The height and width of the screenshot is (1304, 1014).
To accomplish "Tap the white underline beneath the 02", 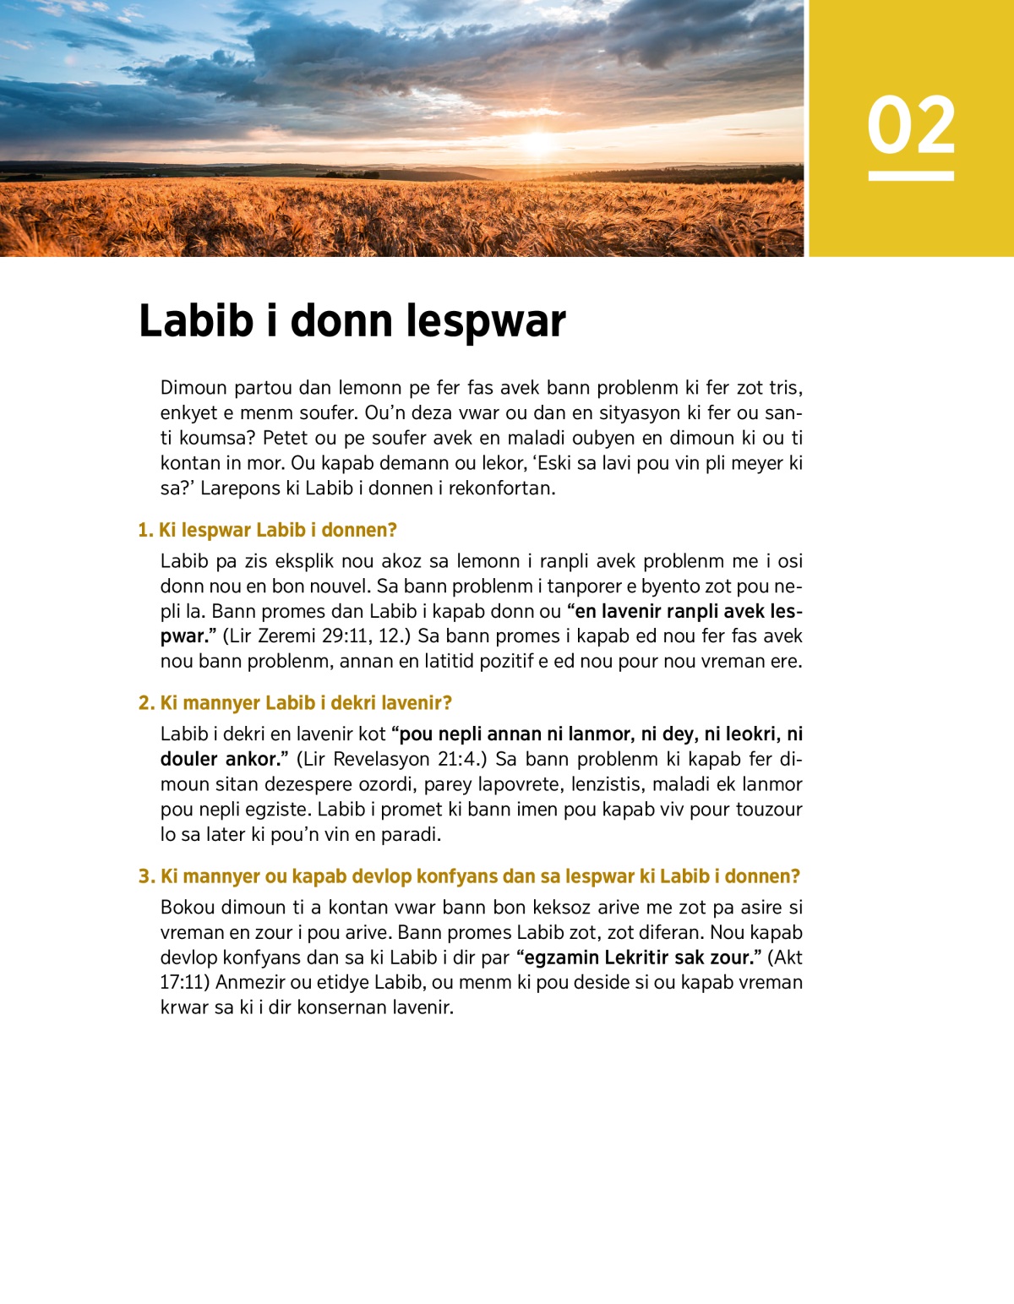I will [911, 176].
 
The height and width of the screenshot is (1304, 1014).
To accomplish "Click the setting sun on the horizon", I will [538, 142].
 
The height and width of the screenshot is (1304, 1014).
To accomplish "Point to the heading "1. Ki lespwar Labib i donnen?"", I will [267, 530].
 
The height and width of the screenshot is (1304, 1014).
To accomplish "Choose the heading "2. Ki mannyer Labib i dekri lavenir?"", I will [295, 703].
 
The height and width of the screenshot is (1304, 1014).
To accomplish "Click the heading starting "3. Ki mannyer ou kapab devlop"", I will [469, 876].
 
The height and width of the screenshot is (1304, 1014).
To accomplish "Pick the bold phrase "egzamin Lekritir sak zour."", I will [638, 958].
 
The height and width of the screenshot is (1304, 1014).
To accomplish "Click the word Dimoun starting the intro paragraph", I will [194, 388].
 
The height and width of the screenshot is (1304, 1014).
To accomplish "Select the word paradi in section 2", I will [412, 835].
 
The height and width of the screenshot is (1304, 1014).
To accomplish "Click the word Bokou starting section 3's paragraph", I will [188, 908].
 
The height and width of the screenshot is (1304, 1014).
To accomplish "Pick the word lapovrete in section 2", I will [520, 784].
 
